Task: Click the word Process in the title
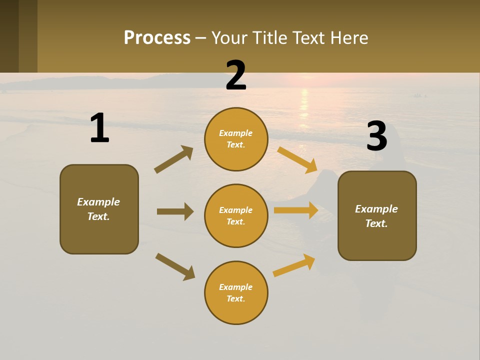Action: (157, 38)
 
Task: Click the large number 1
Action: (99, 128)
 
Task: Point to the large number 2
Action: (236, 75)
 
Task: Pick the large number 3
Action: (376, 136)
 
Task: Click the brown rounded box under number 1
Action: (99, 209)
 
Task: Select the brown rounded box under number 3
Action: (377, 215)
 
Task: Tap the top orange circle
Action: (236, 139)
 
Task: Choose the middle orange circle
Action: (236, 215)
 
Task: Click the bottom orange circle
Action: (236, 292)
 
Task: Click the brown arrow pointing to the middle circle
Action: (175, 211)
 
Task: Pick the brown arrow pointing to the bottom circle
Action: (175, 266)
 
